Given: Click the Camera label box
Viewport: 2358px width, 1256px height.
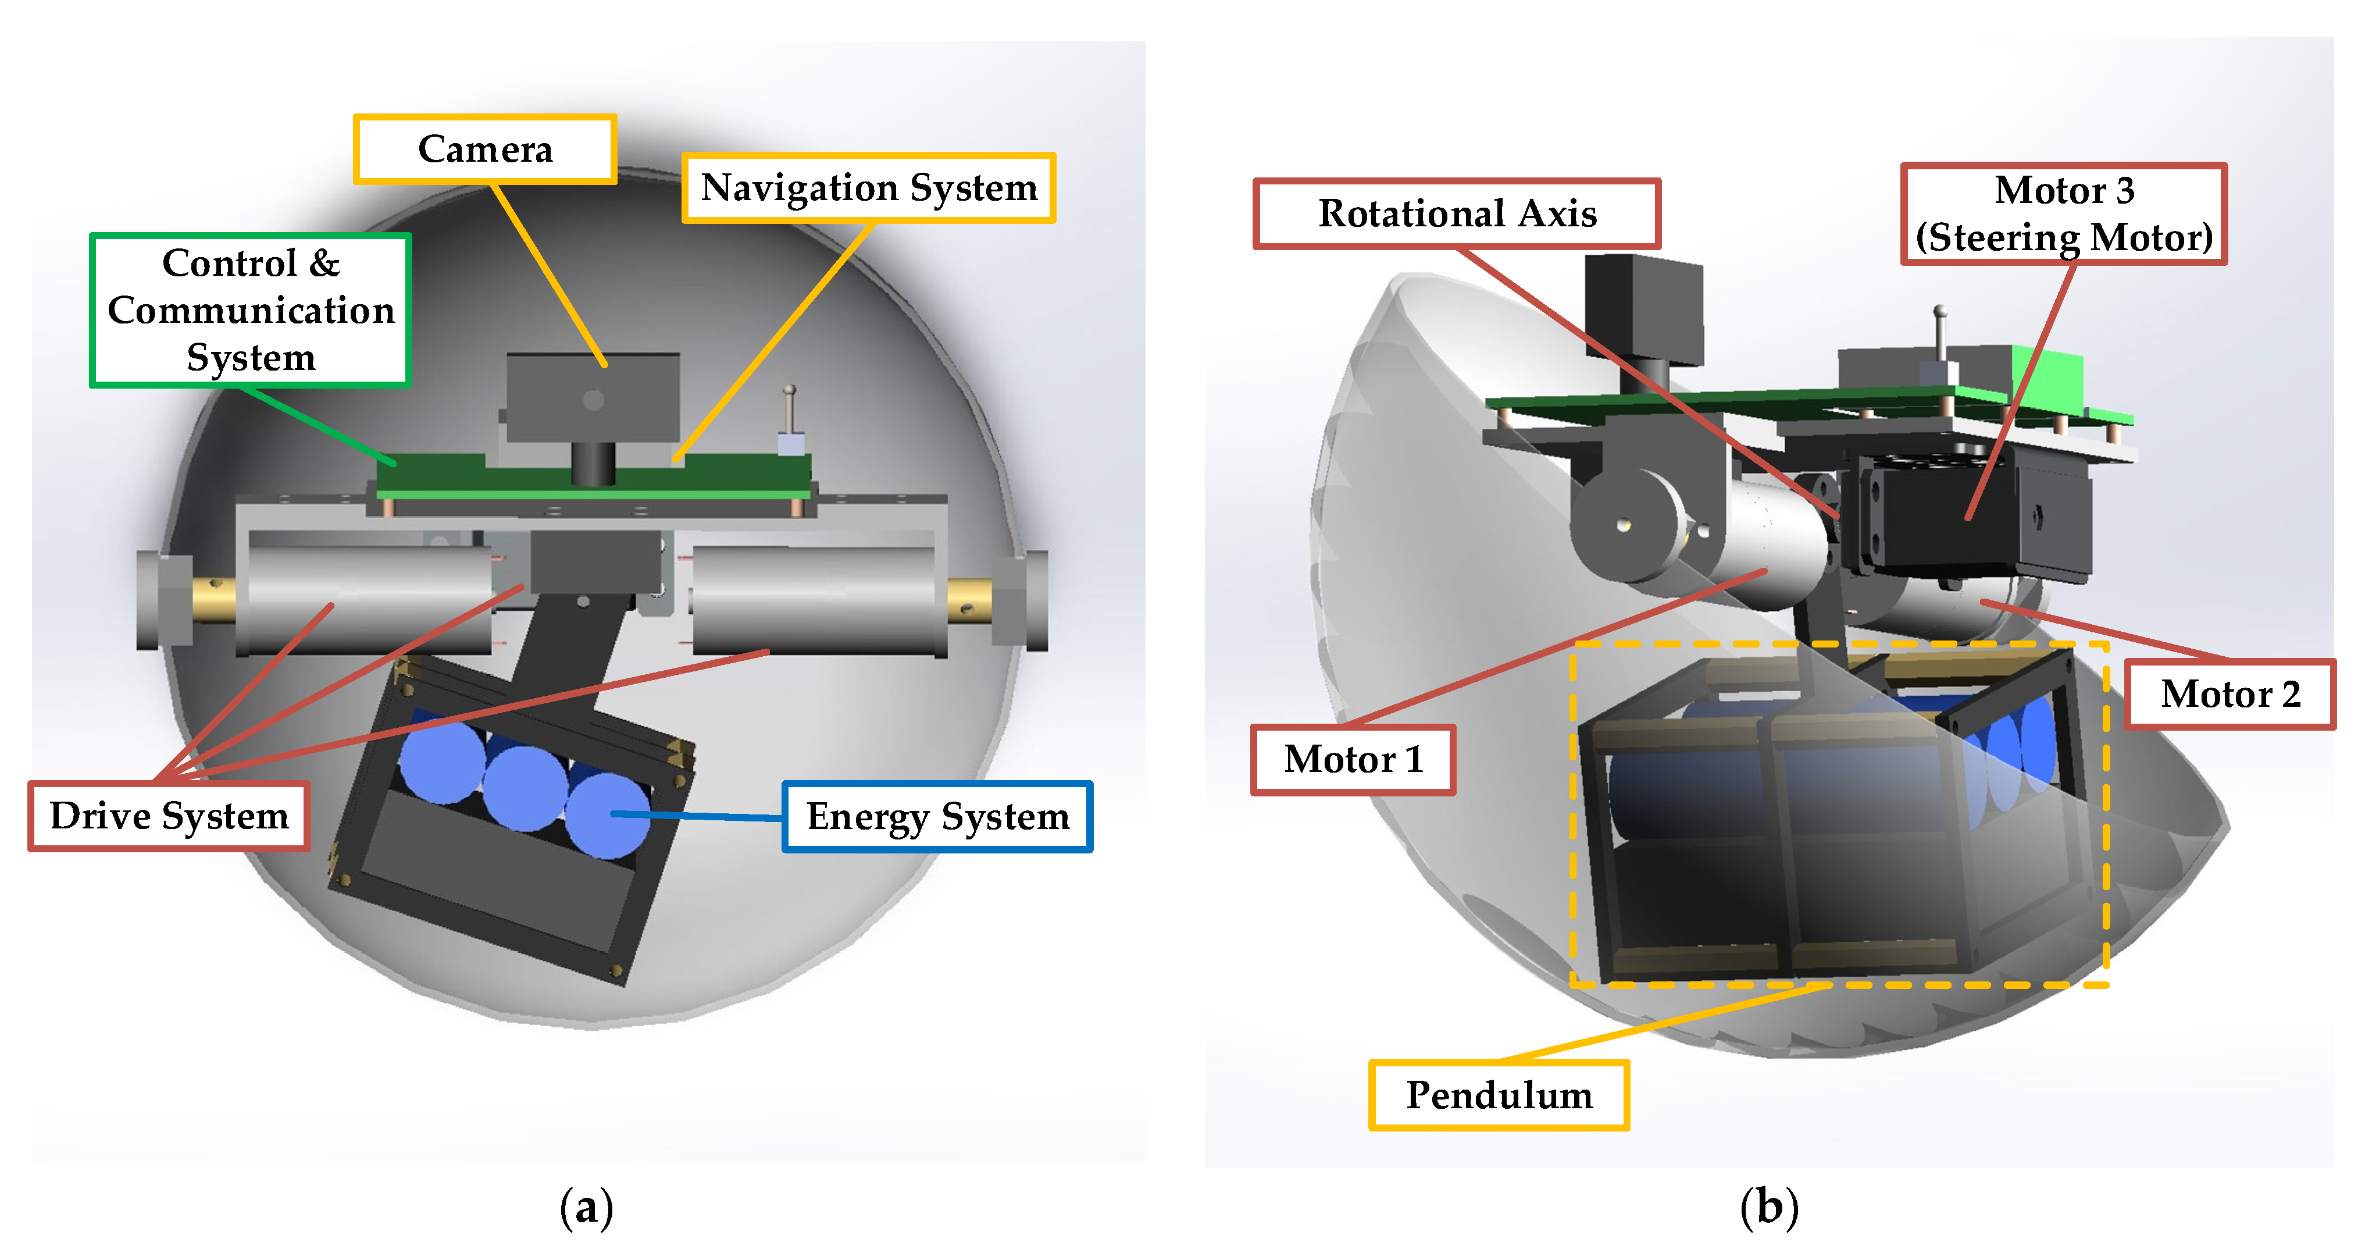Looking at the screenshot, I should click(x=484, y=149).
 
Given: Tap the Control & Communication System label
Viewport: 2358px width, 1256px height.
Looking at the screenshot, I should click(x=250, y=309).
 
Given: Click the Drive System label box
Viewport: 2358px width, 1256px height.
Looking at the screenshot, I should click(x=169, y=816).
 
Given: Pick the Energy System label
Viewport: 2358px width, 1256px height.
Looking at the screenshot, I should click(x=936, y=817).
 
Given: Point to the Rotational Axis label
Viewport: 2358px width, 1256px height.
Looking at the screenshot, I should click(x=1456, y=214).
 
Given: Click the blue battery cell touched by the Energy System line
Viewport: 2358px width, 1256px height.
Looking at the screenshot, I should click(x=606, y=815).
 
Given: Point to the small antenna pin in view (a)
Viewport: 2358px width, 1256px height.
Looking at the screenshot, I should click(x=789, y=412).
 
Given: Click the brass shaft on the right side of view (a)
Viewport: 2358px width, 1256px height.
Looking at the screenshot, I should click(x=968, y=600).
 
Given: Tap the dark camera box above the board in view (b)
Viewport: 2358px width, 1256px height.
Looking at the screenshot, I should click(x=1643, y=311).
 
